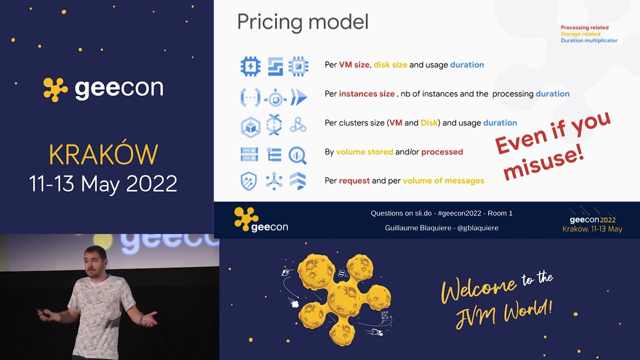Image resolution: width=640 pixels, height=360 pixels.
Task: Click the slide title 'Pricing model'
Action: [x=302, y=22]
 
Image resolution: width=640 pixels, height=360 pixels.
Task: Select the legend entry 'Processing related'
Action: [x=584, y=28]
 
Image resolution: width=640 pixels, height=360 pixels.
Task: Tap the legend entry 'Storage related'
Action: [x=580, y=34]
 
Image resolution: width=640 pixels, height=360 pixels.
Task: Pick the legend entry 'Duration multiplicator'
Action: [x=589, y=41]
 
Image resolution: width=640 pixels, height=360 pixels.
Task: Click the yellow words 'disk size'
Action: [x=390, y=65]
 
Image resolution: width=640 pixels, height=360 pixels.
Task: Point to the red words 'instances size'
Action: [x=366, y=94]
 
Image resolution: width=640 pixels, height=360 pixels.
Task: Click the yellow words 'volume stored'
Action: [x=364, y=152]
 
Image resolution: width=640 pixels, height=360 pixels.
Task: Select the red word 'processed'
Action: [x=442, y=152]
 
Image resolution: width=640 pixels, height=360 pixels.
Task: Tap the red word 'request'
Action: [x=354, y=181]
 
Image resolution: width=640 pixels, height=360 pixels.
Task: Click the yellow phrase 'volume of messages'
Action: [x=443, y=181]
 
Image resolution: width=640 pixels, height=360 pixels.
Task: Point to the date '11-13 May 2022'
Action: [x=103, y=184]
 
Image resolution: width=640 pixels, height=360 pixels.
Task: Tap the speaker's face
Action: [x=95, y=262]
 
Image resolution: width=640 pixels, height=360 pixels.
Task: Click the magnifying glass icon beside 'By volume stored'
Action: [x=298, y=155]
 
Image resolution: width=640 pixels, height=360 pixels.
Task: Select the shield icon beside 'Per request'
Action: [x=248, y=181]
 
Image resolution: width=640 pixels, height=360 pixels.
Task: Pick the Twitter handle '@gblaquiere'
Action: [x=477, y=228]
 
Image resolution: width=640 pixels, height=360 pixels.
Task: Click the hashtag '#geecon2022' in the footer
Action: [x=459, y=213]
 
